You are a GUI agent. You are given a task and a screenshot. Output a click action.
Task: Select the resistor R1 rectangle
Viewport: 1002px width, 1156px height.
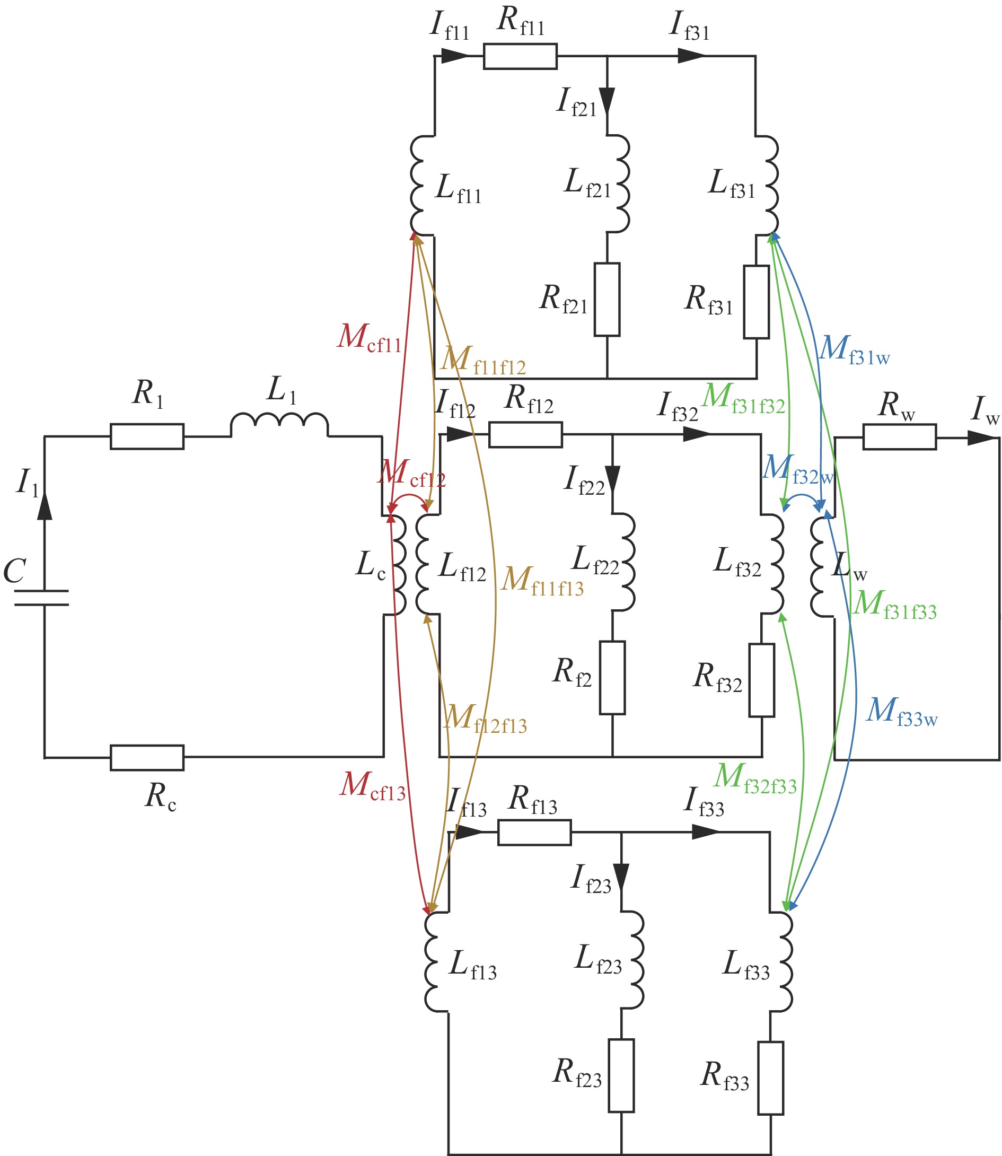point(147,436)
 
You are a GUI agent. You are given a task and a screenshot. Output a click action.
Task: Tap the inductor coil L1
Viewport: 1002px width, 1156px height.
point(279,425)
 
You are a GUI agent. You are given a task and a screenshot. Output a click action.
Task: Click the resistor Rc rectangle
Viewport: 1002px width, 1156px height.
point(147,758)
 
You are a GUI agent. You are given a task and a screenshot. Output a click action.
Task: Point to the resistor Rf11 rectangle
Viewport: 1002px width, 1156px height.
point(520,57)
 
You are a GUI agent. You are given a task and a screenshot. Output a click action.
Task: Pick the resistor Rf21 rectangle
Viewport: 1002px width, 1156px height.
point(607,299)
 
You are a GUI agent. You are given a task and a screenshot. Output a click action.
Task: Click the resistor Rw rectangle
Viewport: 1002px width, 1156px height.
point(899,437)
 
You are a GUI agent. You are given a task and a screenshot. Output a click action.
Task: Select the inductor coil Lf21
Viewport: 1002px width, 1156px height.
point(621,183)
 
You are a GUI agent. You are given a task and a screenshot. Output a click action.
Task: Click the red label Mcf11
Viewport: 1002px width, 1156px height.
point(370,338)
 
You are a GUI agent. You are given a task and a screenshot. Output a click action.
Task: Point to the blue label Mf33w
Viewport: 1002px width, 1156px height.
point(902,713)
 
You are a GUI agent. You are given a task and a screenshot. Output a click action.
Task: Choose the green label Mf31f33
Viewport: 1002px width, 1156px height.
point(895,605)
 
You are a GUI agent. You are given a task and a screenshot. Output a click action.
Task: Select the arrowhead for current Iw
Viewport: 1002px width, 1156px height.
point(981,438)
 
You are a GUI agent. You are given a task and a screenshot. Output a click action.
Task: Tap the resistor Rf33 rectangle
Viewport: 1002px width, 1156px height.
point(770,1078)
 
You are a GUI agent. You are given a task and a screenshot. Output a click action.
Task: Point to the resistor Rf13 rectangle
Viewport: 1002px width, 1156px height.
point(534,832)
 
